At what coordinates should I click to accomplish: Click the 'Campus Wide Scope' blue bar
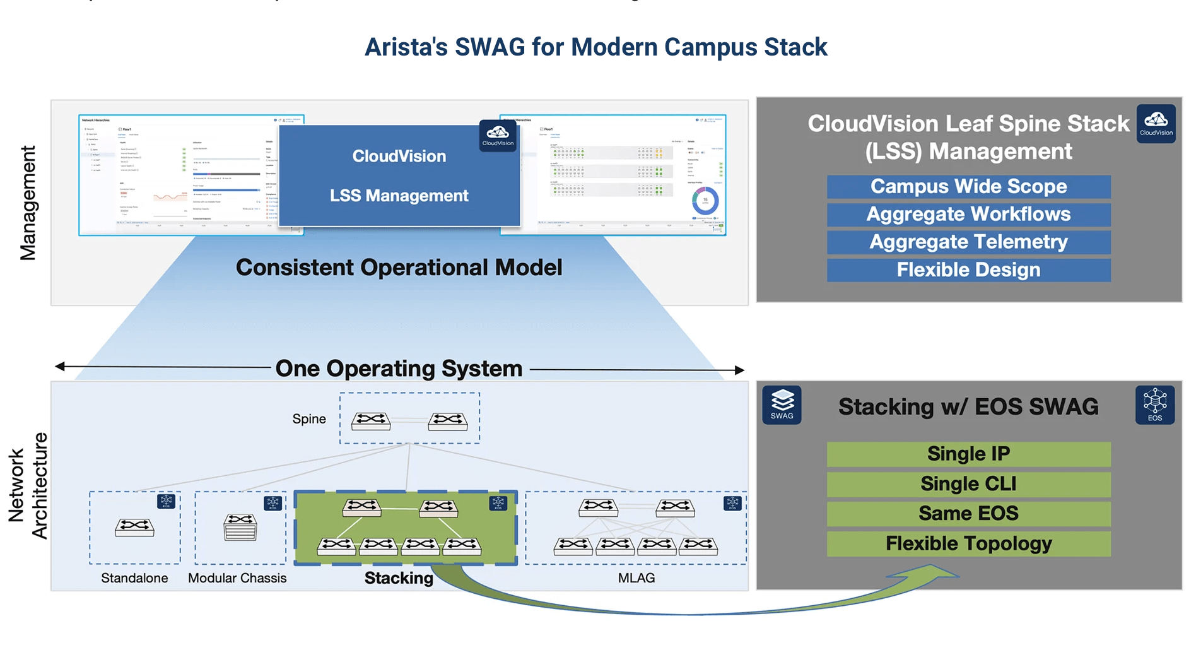click(968, 187)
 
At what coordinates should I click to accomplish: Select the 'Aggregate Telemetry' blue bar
click(968, 242)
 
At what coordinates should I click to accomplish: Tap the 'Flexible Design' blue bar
click(968, 270)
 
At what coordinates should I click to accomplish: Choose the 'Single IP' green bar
click(968, 454)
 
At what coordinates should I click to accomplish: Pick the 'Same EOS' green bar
click(968, 514)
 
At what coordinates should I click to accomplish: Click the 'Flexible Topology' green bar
click(968, 544)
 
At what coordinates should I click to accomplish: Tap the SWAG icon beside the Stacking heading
click(782, 405)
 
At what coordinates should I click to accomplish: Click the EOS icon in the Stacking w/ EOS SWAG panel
click(1154, 405)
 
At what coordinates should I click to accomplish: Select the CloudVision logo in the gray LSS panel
click(1156, 123)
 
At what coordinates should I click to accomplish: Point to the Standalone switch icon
click(134, 527)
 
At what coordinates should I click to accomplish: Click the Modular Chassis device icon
click(240, 527)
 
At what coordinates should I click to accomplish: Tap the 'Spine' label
click(309, 419)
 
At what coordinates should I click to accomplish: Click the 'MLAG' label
click(636, 578)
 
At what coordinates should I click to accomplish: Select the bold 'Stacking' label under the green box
click(399, 578)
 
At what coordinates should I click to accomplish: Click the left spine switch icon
click(371, 421)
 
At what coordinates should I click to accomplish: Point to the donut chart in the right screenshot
click(705, 201)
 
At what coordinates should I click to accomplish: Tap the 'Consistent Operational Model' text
click(399, 268)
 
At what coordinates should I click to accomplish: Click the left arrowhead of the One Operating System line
click(60, 366)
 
